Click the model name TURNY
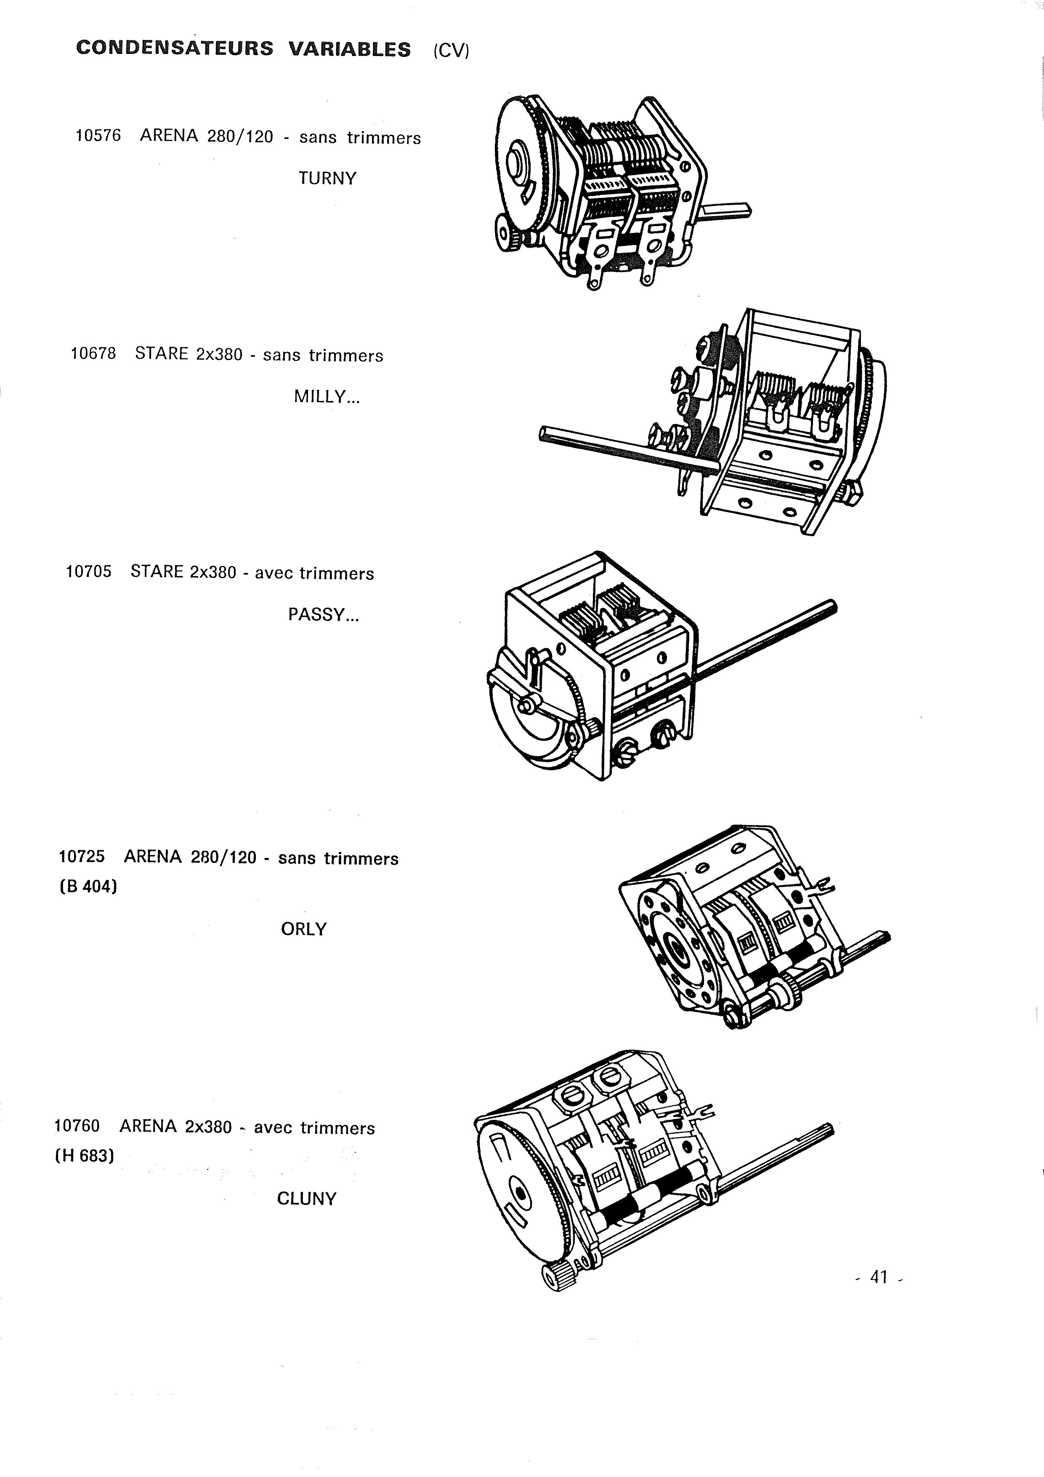tap(327, 178)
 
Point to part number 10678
tap(93, 353)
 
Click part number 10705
tap(89, 571)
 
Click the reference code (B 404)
tap(88, 887)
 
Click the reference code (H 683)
tap(84, 1156)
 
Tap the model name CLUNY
tap(307, 1199)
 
